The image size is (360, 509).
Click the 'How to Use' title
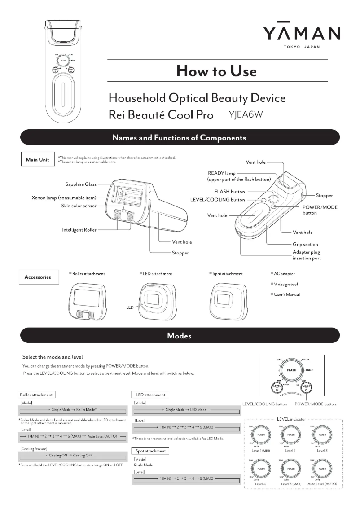tap(217, 70)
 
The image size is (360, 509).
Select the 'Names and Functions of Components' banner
tap(180, 137)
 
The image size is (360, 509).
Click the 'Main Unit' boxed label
tap(37, 160)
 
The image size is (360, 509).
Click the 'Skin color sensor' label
tap(79, 206)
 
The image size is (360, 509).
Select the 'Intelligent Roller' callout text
tap(79, 230)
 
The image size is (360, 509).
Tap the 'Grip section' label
tap(305, 245)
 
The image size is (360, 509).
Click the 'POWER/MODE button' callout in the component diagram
tap(320, 210)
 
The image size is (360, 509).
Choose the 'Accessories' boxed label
tap(38, 277)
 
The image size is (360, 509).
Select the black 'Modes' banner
tap(180, 335)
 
